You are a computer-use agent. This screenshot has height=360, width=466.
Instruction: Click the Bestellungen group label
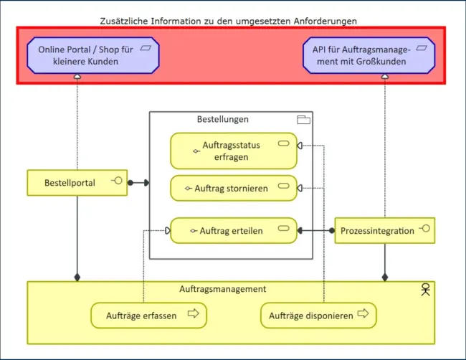tap(223, 119)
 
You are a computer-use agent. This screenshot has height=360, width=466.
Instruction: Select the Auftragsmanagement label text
tap(223, 289)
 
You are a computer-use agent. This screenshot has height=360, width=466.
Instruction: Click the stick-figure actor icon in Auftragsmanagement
tap(426, 290)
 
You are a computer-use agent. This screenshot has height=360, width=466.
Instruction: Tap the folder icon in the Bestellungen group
tap(303, 120)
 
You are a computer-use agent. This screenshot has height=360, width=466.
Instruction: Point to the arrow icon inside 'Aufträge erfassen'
tap(193, 313)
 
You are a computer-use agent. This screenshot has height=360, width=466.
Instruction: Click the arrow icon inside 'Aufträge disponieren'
tap(363, 313)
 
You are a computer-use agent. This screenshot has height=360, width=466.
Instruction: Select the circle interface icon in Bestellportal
tap(116, 181)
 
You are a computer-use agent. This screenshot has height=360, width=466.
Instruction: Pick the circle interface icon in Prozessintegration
tap(424, 229)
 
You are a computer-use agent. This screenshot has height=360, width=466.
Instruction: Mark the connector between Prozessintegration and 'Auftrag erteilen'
tap(316, 230)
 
